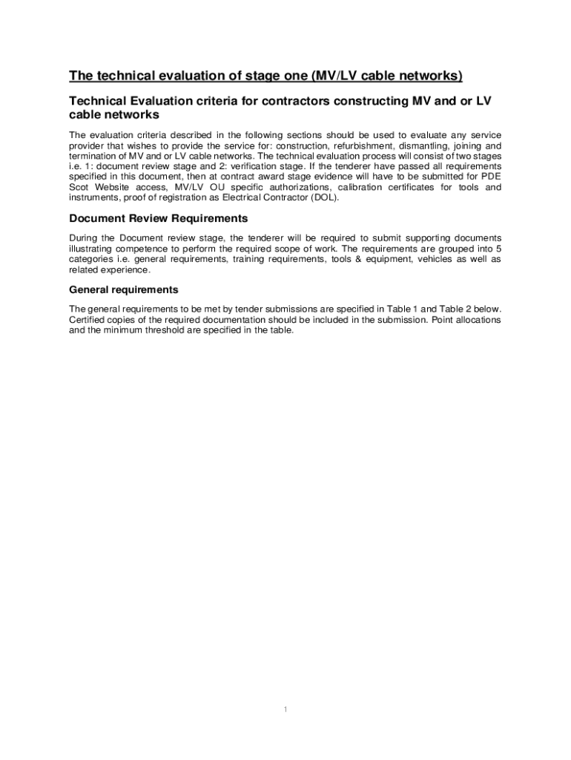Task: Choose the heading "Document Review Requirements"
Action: [158, 219]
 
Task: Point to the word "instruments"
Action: [96, 198]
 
